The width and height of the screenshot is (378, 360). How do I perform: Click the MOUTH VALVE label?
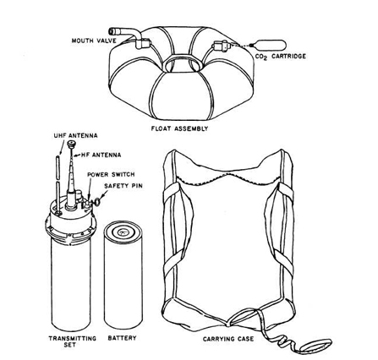[94, 41]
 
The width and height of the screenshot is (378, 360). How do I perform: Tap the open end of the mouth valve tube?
[112, 30]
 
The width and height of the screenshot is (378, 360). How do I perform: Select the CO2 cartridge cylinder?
[268, 45]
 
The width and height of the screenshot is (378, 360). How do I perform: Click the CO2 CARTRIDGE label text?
[281, 57]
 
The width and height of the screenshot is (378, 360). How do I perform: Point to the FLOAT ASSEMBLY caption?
[179, 128]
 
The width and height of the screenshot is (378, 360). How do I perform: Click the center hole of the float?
[182, 65]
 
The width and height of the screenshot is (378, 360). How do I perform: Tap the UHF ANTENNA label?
[75, 135]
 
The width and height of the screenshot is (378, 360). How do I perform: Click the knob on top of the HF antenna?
[72, 145]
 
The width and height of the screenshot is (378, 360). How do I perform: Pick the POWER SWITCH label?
[111, 175]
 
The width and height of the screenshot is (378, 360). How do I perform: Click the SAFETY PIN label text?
[123, 186]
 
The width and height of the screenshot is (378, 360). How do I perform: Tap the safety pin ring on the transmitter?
[96, 202]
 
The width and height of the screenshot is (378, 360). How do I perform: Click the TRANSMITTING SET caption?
[73, 341]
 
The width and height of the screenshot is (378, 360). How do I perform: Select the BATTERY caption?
[122, 338]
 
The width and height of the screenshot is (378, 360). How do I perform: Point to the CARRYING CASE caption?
[228, 339]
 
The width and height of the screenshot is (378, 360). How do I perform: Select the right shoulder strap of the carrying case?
[279, 226]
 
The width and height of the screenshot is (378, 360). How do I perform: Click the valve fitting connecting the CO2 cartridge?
[222, 46]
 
